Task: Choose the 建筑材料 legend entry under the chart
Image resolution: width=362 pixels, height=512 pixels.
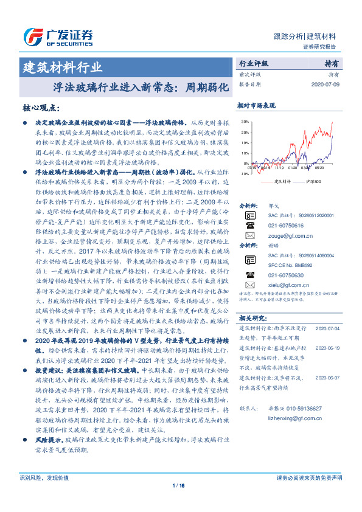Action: click(283, 181)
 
